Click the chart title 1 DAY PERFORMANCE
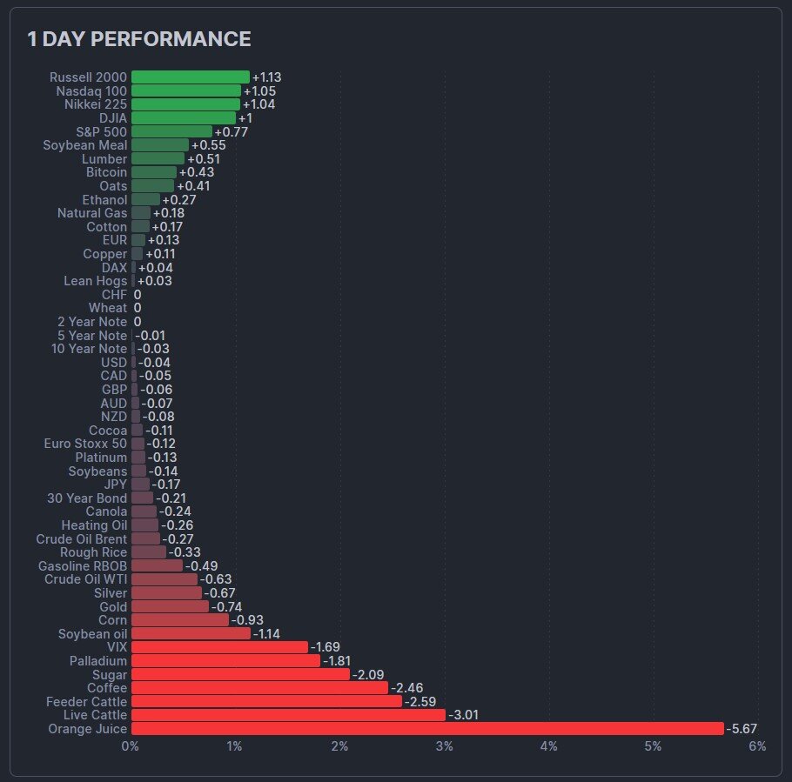(x=139, y=39)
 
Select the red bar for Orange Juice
(x=426, y=729)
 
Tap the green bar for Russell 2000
(x=190, y=77)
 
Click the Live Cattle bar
(x=287, y=715)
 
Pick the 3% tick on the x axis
(x=445, y=746)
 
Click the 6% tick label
(x=757, y=746)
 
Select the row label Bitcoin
(x=106, y=172)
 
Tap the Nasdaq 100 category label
(x=91, y=90)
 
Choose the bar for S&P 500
(x=171, y=131)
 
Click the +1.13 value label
(x=266, y=77)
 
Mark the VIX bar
(x=219, y=647)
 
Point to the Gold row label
(x=113, y=606)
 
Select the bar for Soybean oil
(x=191, y=633)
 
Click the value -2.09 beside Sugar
(x=369, y=674)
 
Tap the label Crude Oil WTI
(x=85, y=579)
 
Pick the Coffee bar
(x=259, y=688)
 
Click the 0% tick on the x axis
(x=131, y=746)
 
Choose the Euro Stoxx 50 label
(x=85, y=444)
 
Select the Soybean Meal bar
(x=159, y=145)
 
